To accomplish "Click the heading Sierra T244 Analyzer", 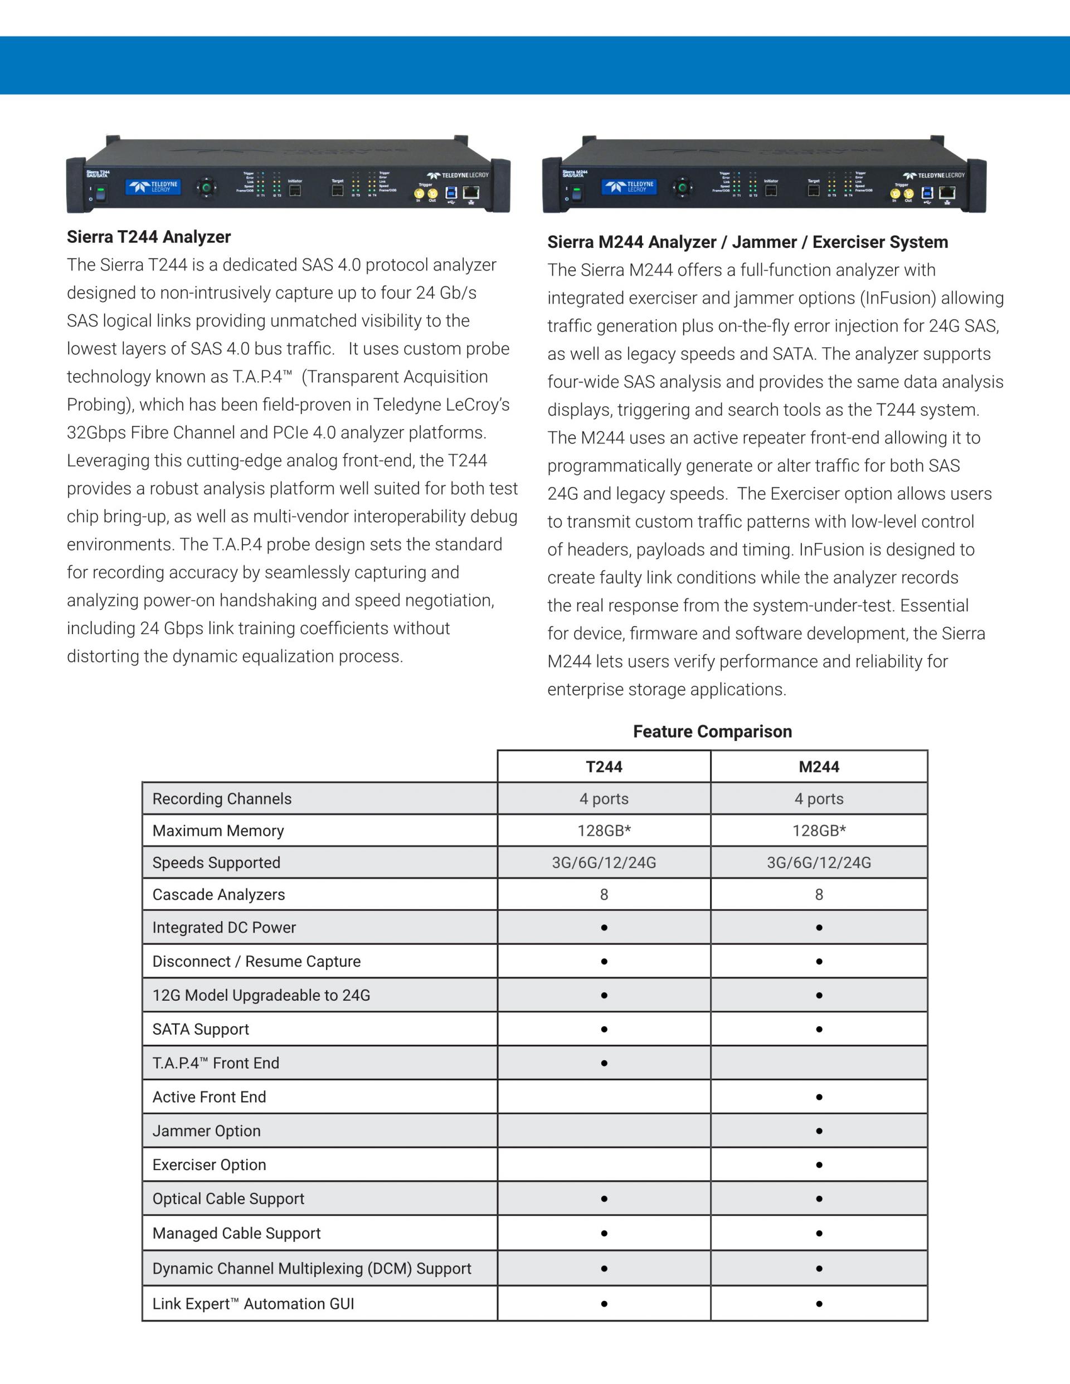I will point(148,237).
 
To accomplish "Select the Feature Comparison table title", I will point(712,732).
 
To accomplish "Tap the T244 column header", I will point(604,767).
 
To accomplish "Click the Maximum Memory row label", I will point(218,831).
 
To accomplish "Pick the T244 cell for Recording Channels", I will point(604,799).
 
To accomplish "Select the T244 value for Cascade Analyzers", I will point(604,895).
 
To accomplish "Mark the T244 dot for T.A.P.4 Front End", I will point(604,1063).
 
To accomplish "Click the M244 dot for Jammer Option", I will point(819,1131).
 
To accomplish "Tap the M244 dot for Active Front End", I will point(819,1097).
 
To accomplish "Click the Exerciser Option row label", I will point(209,1164).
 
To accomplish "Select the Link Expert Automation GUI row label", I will point(253,1304).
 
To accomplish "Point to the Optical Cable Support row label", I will point(228,1199).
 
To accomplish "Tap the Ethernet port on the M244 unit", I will point(947,192).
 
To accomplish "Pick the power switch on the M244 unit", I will point(577,193).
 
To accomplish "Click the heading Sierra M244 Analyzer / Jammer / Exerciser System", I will point(747,242).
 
